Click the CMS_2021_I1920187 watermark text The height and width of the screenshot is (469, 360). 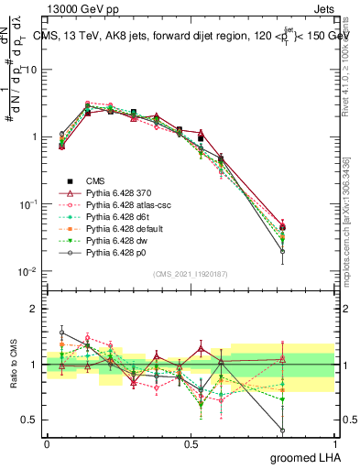pyautogui.click(x=191, y=273)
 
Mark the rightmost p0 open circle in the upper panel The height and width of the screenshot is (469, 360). pyautogui.click(x=282, y=251)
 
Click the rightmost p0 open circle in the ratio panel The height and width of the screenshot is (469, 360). pyautogui.click(x=282, y=429)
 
